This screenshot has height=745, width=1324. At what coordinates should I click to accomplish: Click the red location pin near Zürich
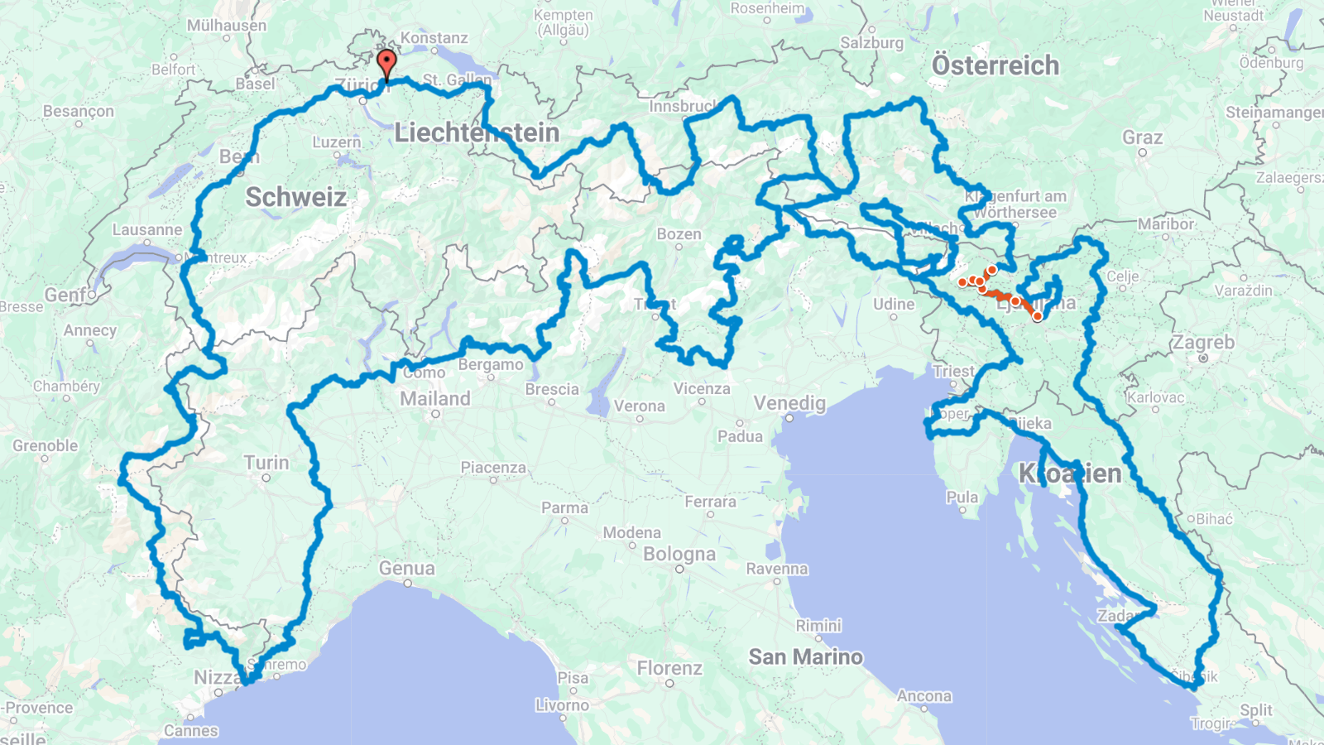386,63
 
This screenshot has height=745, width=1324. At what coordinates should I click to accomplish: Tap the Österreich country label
995,65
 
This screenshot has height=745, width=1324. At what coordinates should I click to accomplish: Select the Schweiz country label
295,197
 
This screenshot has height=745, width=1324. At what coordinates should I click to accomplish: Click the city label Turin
266,463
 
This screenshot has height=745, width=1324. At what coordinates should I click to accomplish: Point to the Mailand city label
434,399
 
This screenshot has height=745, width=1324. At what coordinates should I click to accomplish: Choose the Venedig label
789,403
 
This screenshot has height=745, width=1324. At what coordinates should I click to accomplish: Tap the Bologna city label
679,554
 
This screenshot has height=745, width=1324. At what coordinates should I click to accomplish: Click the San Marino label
805,657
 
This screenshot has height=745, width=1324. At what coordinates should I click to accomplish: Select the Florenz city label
669,668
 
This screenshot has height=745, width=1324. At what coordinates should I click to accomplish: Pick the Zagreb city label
1202,343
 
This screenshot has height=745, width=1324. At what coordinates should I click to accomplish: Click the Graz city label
1142,137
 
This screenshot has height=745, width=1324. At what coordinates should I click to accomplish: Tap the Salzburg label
871,43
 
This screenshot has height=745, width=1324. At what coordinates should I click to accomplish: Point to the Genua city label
406,569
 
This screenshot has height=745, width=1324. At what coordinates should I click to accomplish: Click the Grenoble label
45,445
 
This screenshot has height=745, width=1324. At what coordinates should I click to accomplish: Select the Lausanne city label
147,230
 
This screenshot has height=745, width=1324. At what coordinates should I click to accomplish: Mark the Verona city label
639,406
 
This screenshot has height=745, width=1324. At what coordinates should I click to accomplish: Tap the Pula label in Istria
962,497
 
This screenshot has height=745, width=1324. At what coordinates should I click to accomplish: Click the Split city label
1255,710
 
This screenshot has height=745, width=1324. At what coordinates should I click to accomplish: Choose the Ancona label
923,696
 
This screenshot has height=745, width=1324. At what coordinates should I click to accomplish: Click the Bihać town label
1214,519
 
